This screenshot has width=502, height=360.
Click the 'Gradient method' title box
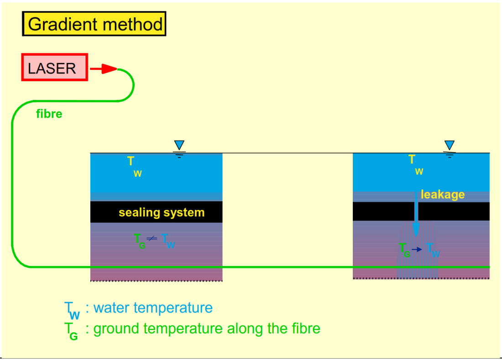[94, 24]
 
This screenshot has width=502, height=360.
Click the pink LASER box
[54, 68]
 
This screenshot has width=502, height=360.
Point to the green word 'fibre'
[49, 114]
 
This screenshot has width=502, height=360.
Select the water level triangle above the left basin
[179, 146]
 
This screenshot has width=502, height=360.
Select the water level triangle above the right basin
[450, 146]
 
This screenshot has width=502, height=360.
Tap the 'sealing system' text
[162, 213]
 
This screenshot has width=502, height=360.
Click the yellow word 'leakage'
[443, 195]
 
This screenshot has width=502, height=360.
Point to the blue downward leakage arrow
[416, 214]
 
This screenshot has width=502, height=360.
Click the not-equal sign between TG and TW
[152, 239]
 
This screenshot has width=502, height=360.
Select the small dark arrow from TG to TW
[417, 250]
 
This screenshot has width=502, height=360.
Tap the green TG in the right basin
[404, 250]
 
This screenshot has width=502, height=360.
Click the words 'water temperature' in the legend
[153, 308]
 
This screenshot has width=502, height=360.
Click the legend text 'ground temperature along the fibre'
[207, 329]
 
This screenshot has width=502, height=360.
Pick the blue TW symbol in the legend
[72, 310]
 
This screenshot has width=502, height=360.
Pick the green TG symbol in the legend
[71, 331]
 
